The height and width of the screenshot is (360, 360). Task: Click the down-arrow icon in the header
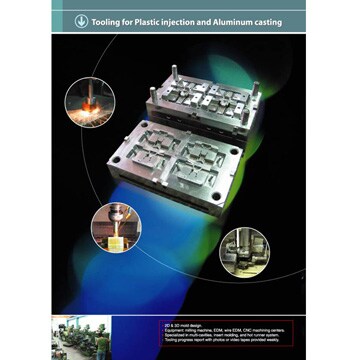pyautogui.click(x=79, y=21)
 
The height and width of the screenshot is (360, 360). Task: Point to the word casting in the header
pyautogui.click(x=265, y=21)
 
